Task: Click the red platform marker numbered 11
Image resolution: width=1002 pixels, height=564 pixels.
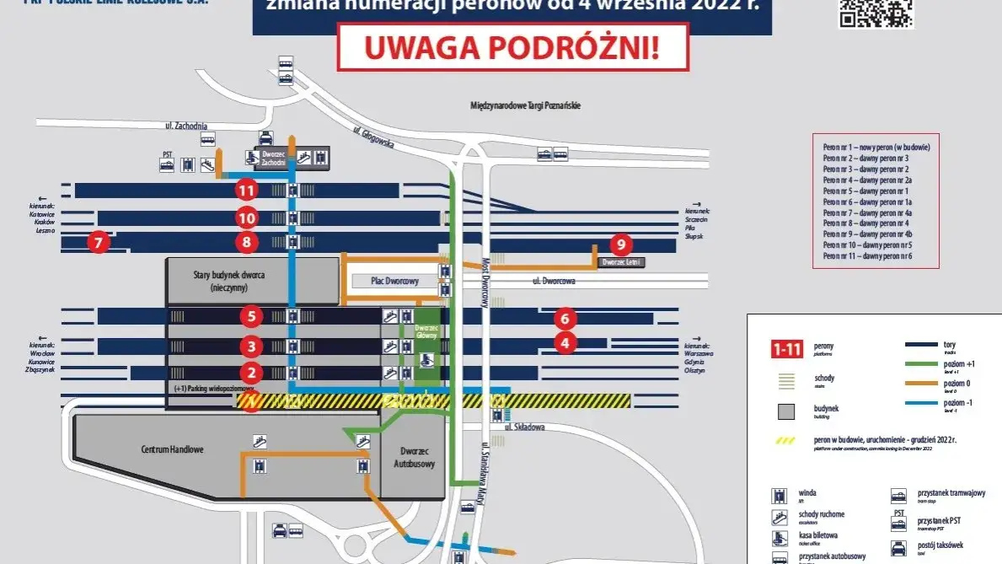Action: coord(246,191)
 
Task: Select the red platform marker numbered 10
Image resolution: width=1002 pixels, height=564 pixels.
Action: coord(246,218)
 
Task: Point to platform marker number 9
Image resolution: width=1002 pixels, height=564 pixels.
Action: coord(621,244)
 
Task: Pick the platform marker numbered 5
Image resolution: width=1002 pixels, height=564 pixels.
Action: coord(250,317)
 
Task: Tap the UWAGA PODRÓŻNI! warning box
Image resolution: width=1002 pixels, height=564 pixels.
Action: coord(512,46)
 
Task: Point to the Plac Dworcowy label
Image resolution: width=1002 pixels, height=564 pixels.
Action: coord(395,281)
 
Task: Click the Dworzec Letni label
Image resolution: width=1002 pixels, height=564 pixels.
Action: coord(621,263)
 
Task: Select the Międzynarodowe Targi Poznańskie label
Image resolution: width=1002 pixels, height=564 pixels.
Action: coord(526,106)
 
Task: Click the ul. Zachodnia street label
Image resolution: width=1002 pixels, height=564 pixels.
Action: coord(186,126)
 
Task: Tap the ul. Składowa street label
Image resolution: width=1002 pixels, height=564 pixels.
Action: coord(522,427)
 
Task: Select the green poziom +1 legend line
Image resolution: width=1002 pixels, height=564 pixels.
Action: coord(930,365)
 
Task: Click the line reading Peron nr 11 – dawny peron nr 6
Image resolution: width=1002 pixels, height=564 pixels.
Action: coord(867,255)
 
